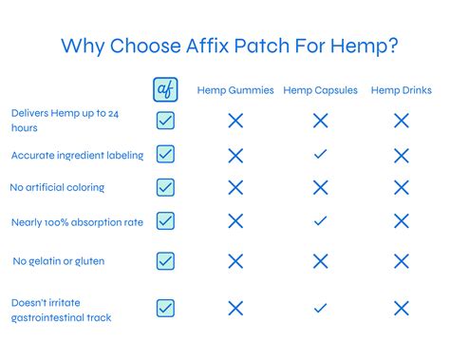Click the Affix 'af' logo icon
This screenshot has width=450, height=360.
(165, 90)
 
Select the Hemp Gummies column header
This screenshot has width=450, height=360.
(235, 91)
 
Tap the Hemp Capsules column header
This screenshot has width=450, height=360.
(320, 91)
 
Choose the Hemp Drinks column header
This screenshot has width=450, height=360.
(401, 91)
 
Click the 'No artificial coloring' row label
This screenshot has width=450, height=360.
(57, 188)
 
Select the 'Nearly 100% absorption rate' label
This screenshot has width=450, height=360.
(77, 222)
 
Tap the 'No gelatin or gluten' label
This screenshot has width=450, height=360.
(59, 261)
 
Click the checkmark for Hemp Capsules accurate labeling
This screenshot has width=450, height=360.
(320, 154)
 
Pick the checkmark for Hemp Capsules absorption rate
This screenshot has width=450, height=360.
(320, 221)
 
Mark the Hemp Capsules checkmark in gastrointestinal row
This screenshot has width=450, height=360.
(320, 308)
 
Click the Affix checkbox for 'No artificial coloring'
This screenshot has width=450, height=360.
(165, 187)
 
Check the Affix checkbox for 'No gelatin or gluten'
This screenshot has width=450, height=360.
(165, 260)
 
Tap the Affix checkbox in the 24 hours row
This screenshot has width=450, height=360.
(165, 121)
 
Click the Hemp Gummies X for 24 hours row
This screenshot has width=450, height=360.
(235, 121)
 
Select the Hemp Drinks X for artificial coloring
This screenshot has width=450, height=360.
(401, 187)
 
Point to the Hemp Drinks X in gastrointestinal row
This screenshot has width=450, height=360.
(401, 308)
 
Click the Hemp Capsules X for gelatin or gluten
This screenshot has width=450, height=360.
(320, 260)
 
